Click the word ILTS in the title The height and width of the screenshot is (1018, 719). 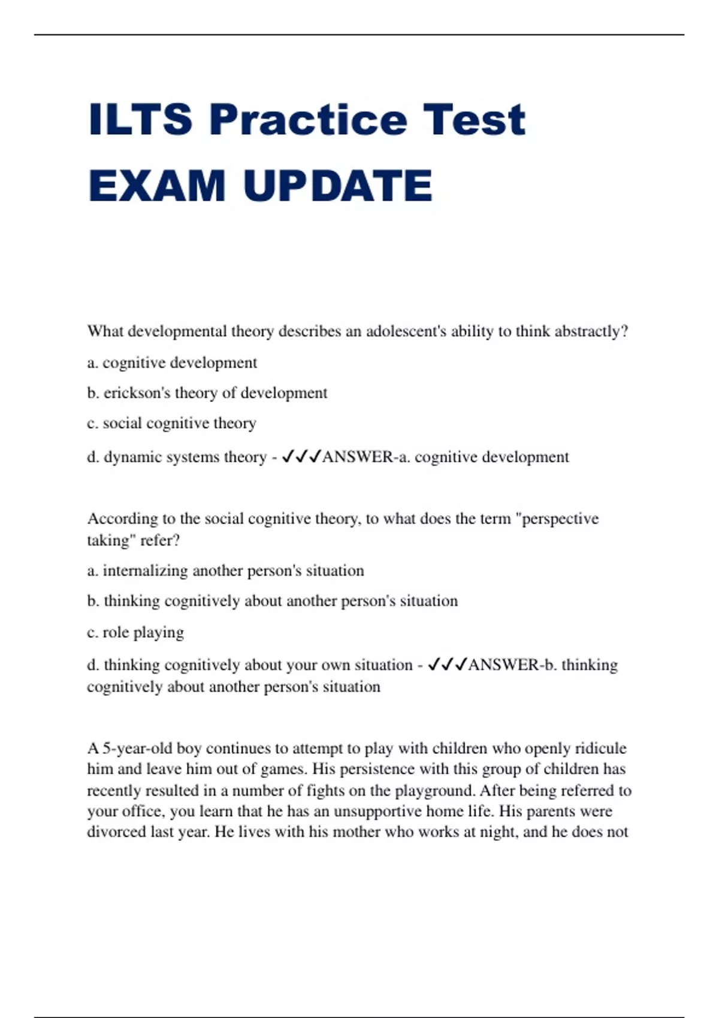tap(140, 120)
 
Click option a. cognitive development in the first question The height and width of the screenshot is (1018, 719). tap(172, 363)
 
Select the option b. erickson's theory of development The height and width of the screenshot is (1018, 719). tap(207, 393)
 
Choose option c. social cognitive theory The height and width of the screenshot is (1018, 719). tap(172, 423)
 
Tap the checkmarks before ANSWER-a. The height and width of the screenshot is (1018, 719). tap(301, 457)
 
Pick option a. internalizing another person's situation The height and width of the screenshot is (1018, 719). tap(225, 571)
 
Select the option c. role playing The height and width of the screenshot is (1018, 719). tap(135, 632)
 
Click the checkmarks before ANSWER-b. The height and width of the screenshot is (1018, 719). tap(448, 665)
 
